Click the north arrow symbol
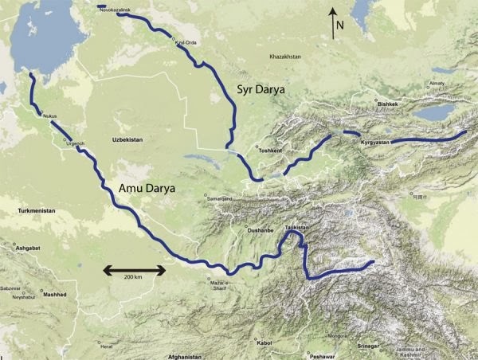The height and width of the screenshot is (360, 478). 335,24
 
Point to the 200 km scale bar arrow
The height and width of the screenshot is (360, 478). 134,270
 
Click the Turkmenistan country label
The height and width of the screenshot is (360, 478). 39,210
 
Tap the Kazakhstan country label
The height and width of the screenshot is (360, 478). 288,57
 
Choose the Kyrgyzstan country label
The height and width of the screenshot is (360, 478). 374,142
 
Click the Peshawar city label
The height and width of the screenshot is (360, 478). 324,355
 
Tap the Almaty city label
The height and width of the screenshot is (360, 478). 437,83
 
